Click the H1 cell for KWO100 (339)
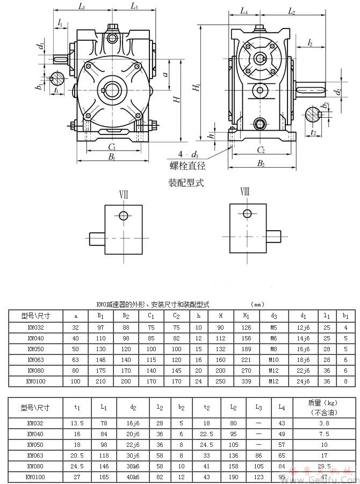[x=246, y=381]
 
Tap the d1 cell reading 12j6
[x=304, y=326]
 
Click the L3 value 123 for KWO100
[x=259, y=476]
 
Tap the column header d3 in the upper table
[x=274, y=316]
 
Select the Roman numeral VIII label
[x=245, y=193]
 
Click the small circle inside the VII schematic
[x=124, y=216]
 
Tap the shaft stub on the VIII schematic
[x=274, y=236]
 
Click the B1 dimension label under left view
[x=112, y=157]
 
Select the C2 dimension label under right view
[x=261, y=150]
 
